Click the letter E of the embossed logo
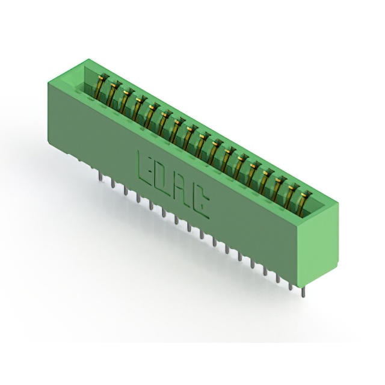(145, 167)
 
